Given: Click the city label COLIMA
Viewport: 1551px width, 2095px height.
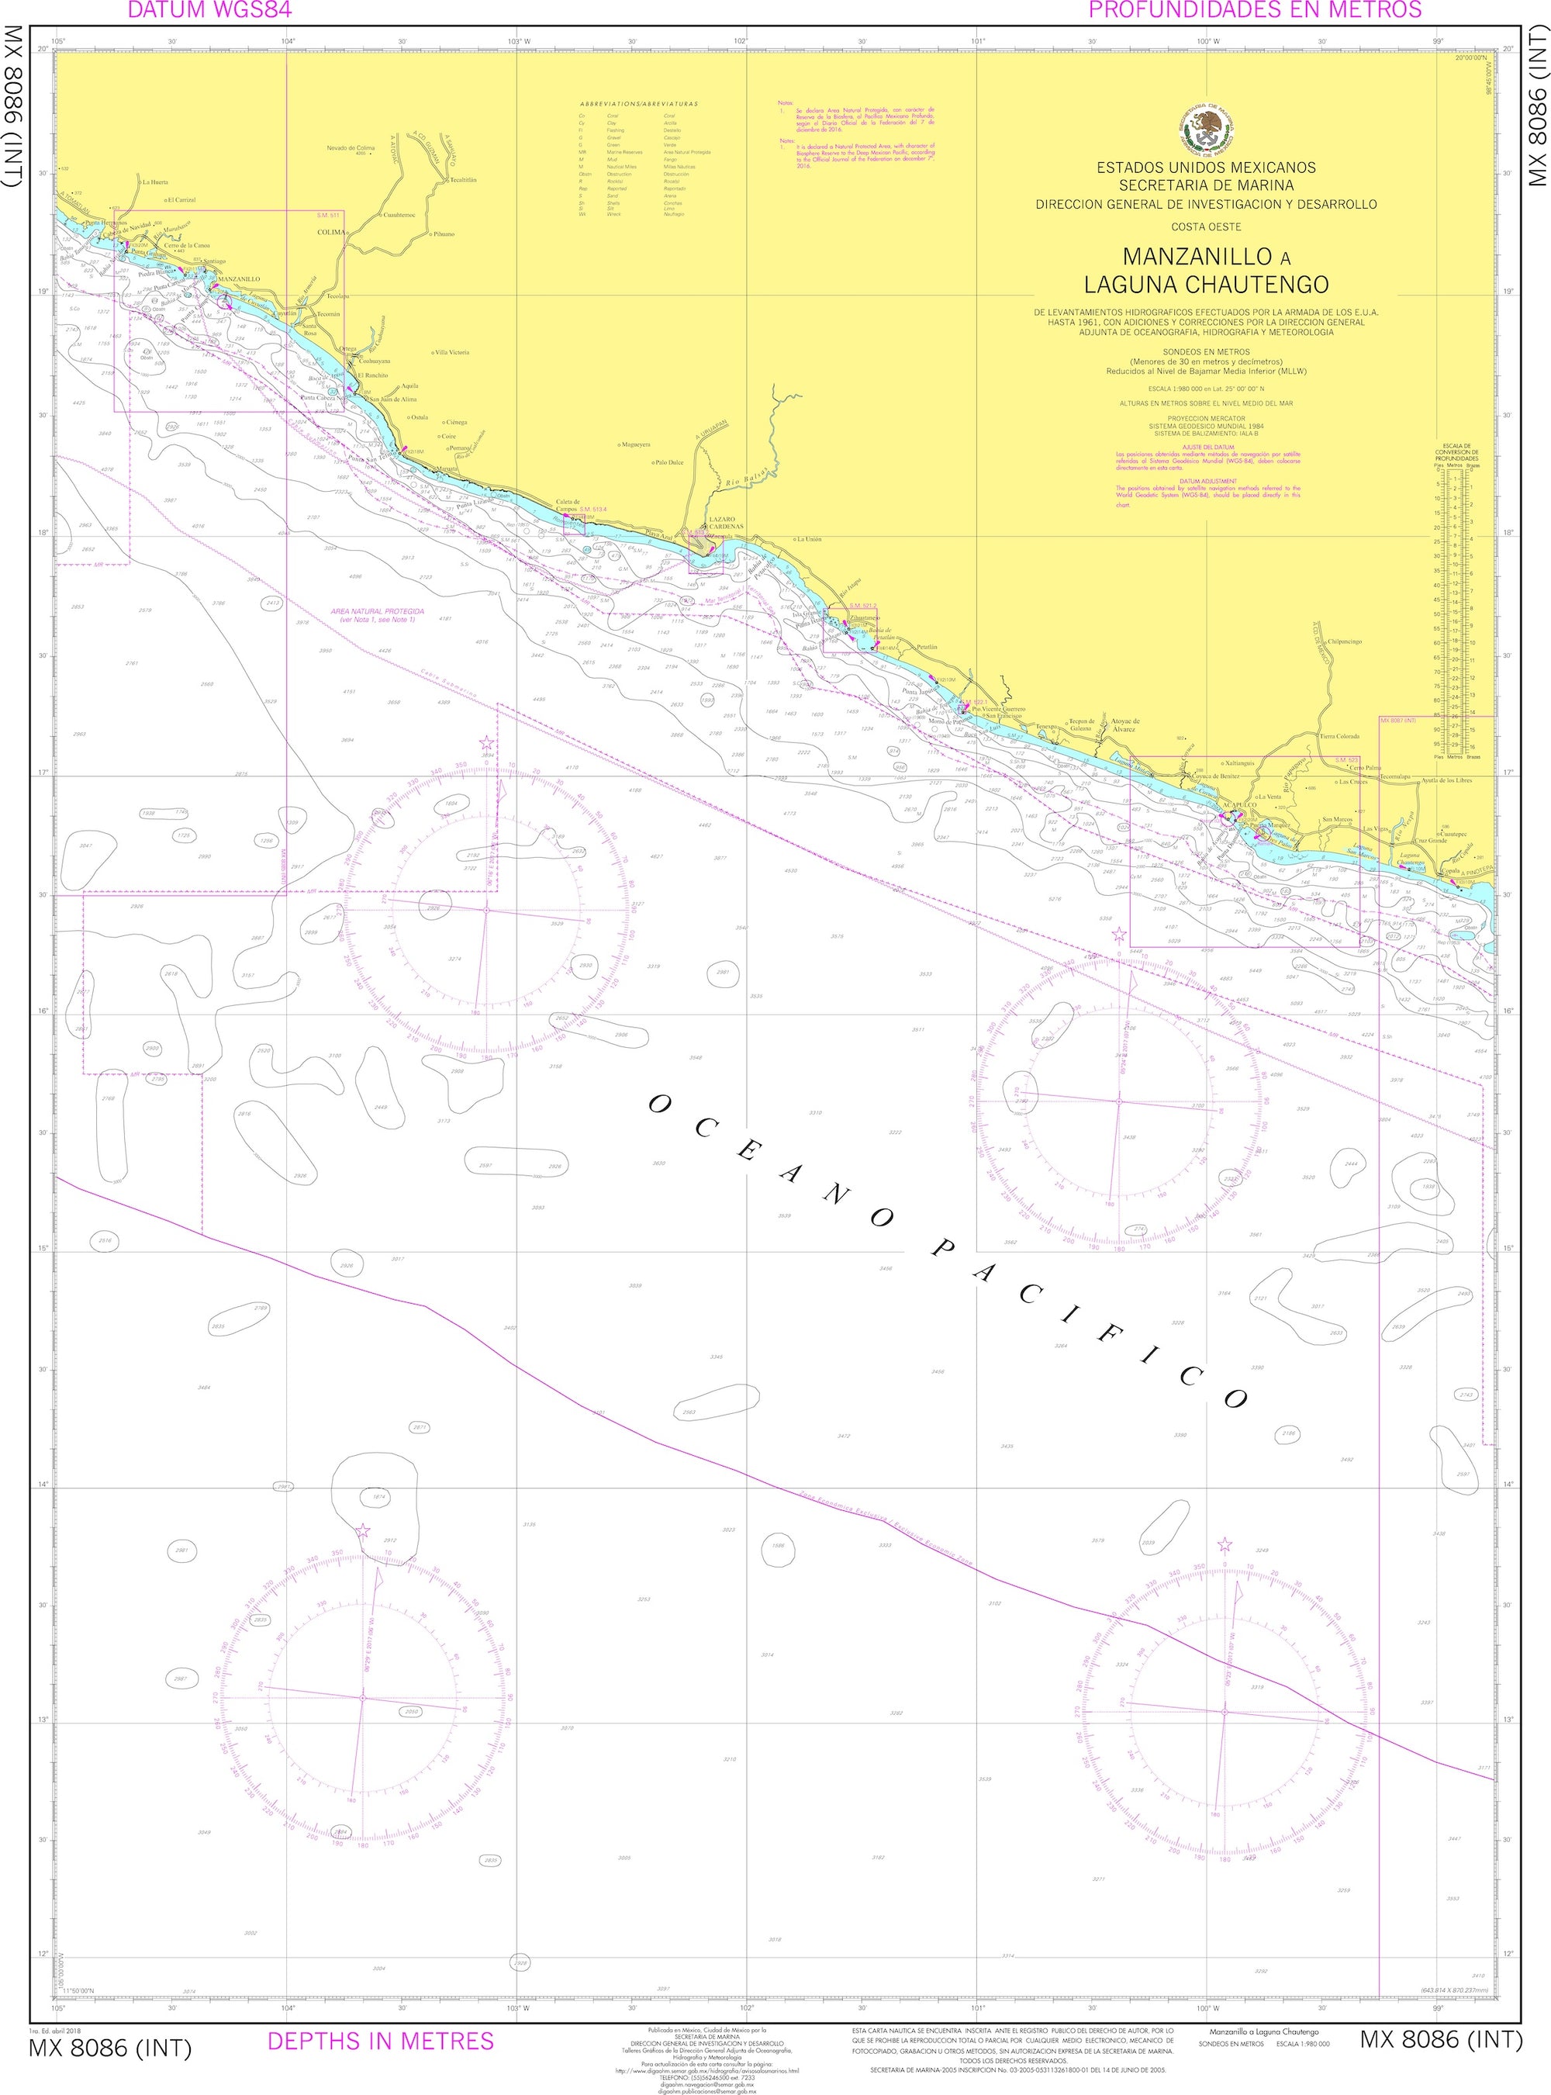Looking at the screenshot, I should click(x=330, y=231).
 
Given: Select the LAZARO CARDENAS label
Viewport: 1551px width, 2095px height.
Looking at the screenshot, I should click(x=725, y=522).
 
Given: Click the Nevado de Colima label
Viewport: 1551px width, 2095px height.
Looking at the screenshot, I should click(x=351, y=147).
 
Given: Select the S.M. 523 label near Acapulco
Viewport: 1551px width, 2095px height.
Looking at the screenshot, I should click(x=1346, y=759).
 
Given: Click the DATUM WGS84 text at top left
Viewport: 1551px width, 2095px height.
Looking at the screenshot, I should click(x=209, y=10).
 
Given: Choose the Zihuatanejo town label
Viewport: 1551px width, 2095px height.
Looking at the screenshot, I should click(x=865, y=618).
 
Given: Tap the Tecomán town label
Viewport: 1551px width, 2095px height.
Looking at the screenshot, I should click(x=329, y=313).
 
